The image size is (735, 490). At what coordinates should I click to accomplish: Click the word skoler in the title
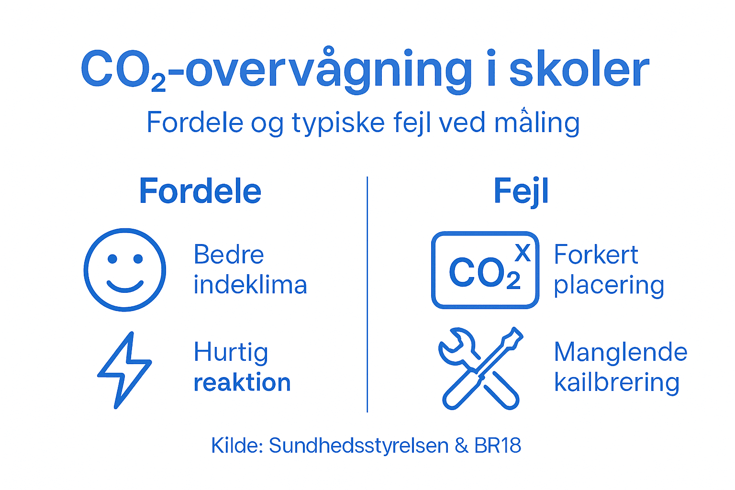click(579, 71)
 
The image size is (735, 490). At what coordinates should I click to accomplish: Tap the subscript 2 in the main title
click(158, 84)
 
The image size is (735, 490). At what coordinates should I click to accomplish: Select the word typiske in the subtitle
click(338, 122)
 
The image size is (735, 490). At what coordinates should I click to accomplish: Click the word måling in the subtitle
click(536, 122)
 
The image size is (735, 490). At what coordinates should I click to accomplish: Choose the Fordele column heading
click(200, 191)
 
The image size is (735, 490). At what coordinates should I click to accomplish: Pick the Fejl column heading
click(521, 191)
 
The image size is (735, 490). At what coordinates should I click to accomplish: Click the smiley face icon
click(125, 270)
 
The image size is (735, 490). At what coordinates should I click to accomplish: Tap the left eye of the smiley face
click(112, 259)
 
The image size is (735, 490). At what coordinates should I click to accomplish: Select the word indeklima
click(250, 285)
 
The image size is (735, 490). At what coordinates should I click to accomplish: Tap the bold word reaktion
click(242, 383)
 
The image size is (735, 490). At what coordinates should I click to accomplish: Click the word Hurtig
click(231, 353)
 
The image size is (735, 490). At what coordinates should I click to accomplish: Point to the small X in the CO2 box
click(523, 253)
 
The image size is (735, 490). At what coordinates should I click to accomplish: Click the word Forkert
click(596, 255)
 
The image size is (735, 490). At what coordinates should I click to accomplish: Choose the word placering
click(609, 286)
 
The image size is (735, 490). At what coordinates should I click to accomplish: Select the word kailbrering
click(617, 383)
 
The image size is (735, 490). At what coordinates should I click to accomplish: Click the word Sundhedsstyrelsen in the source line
click(358, 445)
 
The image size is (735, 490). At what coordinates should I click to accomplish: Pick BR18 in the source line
click(497, 445)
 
